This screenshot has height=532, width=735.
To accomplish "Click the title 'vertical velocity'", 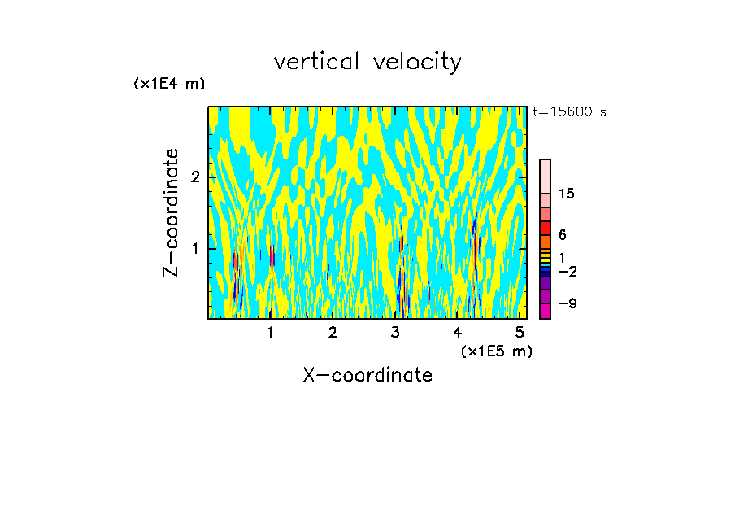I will [x=367, y=62].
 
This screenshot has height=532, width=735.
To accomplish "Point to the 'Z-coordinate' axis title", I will [x=171, y=212].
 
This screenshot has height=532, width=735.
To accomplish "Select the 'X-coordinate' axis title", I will [x=367, y=375].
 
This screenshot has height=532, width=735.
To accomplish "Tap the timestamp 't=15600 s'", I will [x=569, y=112].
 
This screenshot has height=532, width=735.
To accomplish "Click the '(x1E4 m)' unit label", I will [x=169, y=84].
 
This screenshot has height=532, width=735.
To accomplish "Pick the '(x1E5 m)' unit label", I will [x=496, y=351].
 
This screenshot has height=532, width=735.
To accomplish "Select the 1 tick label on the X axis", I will [x=270, y=332].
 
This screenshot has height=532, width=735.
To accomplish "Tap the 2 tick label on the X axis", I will [x=333, y=332].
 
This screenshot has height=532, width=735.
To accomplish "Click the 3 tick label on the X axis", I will [x=395, y=332].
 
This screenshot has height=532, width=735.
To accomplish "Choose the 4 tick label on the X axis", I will [x=458, y=332].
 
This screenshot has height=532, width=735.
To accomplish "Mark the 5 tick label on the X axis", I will [x=520, y=332].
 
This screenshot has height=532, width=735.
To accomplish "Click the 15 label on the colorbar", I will [x=567, y=194].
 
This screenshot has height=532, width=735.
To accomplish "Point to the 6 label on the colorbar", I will [x=562, y=235].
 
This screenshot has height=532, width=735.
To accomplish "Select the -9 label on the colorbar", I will [x=567, y=304].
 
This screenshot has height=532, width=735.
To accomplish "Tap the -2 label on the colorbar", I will [x=567, y=272].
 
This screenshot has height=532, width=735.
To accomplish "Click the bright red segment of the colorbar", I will [x=546, y=229].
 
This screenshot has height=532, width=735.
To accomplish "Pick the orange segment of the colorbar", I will [x=546, y=242].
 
